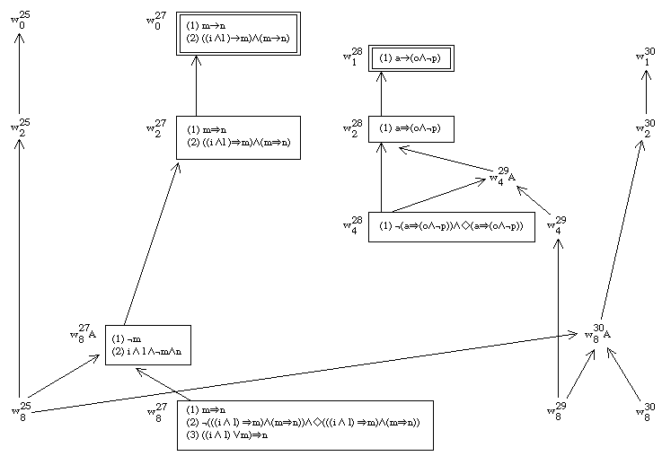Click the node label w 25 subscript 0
19,20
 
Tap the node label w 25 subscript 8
19,409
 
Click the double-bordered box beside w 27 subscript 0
238,34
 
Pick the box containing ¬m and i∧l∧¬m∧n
147,345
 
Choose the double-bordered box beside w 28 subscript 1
411,57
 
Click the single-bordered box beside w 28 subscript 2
411,128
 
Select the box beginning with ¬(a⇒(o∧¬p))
451,226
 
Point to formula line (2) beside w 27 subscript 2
238,143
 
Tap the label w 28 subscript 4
351,225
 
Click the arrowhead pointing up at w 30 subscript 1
644,75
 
